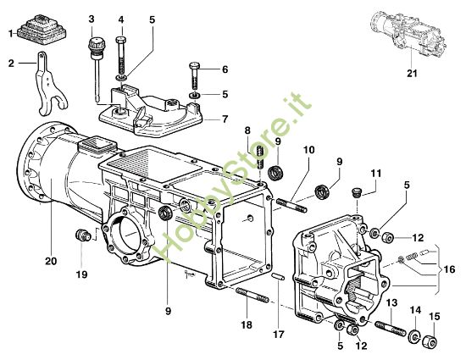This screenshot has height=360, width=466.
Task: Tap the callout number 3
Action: point(92,18)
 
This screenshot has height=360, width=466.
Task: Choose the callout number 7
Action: point(225,119)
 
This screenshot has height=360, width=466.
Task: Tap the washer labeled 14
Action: point(415,338)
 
